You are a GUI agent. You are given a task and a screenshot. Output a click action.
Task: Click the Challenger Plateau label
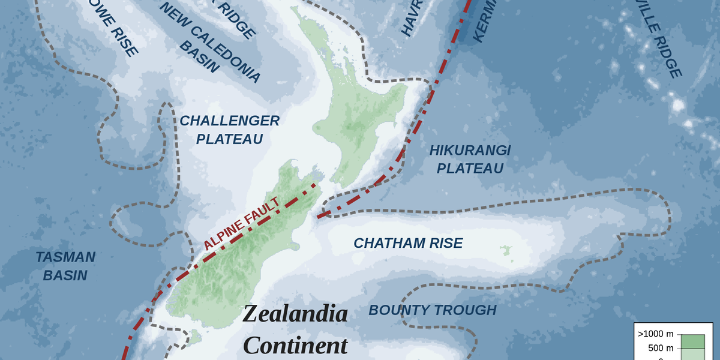[x=230, y=130]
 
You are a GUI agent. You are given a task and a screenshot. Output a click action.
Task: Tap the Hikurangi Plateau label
[x=470, y=160]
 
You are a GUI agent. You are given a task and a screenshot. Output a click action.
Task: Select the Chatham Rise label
[x=408, y=243]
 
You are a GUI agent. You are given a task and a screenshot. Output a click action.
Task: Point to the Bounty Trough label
[x=432, y=310]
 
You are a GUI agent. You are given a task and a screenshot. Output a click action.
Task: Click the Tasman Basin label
[x=65, y=266]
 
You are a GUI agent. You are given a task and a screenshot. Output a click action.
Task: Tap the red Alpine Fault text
[x=242, y=224]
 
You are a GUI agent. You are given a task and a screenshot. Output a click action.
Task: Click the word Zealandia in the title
[x=296, y=314]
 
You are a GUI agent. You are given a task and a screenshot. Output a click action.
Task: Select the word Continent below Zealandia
[x=296, y=346]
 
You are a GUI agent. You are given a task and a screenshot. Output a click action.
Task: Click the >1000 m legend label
[x=655, y=334]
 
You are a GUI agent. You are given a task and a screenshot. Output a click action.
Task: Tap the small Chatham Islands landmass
[x=506, y=250]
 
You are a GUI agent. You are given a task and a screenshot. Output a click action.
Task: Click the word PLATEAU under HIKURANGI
[x=470, y=169]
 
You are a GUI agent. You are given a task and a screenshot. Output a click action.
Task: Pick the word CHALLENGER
[x=230, y=121]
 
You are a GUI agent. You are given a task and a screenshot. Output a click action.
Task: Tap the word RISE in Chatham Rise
[x=446, y=243]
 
